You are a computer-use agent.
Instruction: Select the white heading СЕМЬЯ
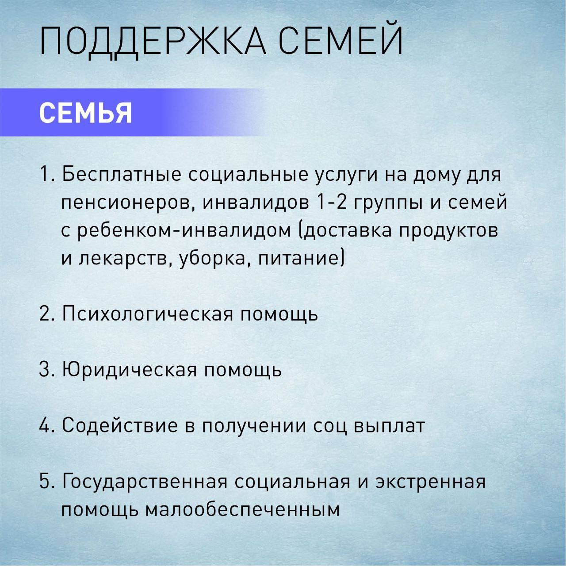(85, 113)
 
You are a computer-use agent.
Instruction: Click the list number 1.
(47, 175)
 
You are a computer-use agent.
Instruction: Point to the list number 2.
(47, 314)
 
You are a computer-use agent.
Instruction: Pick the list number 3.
(47, 370)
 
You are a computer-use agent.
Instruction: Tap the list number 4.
(47, 425)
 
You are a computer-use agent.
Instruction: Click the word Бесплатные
(120, 175)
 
